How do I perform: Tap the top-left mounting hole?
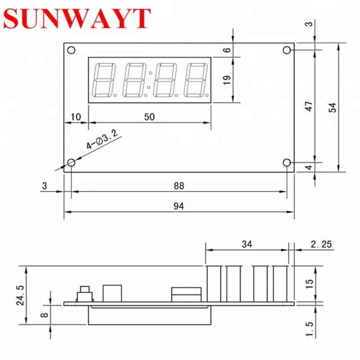point(71,50)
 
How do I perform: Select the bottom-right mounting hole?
point(287,162)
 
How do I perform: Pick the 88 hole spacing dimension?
point(179,185)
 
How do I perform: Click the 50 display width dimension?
point(149,117)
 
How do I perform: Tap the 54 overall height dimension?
point(333,107)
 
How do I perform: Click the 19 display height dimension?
point(227,80)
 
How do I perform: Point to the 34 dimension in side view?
point(247,244)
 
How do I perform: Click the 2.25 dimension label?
point(321,244)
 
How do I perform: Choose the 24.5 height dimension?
point(18,295)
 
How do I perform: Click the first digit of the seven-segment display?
point(103,80)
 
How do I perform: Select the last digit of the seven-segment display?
point(196,80)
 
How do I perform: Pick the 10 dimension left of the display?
point(76,117)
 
